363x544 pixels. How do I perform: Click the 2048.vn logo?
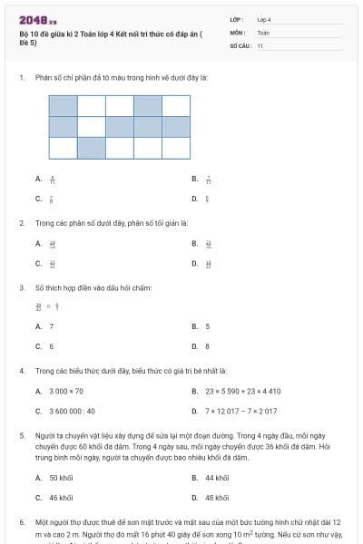[37, 19]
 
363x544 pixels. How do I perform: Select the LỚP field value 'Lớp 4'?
[264, 19]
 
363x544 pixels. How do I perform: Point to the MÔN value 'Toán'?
[263, 32]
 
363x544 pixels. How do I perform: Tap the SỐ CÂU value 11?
[260, 45]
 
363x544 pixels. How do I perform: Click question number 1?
[21, 78]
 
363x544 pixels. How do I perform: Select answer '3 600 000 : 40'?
[69, 412]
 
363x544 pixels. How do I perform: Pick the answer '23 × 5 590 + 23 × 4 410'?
[242, 391]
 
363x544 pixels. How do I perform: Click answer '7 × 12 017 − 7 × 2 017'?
[243, 412]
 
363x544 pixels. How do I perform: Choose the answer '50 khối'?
[61, 477]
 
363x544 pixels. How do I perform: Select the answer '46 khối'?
[61, 498]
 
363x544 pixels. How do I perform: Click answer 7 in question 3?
[51, 325]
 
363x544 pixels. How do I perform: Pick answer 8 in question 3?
[208, 346]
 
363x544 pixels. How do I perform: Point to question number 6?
[21, 523]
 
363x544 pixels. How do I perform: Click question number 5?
[21, 436]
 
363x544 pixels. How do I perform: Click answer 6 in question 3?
[51, 346]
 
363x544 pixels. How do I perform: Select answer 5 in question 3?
[208, 325]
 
